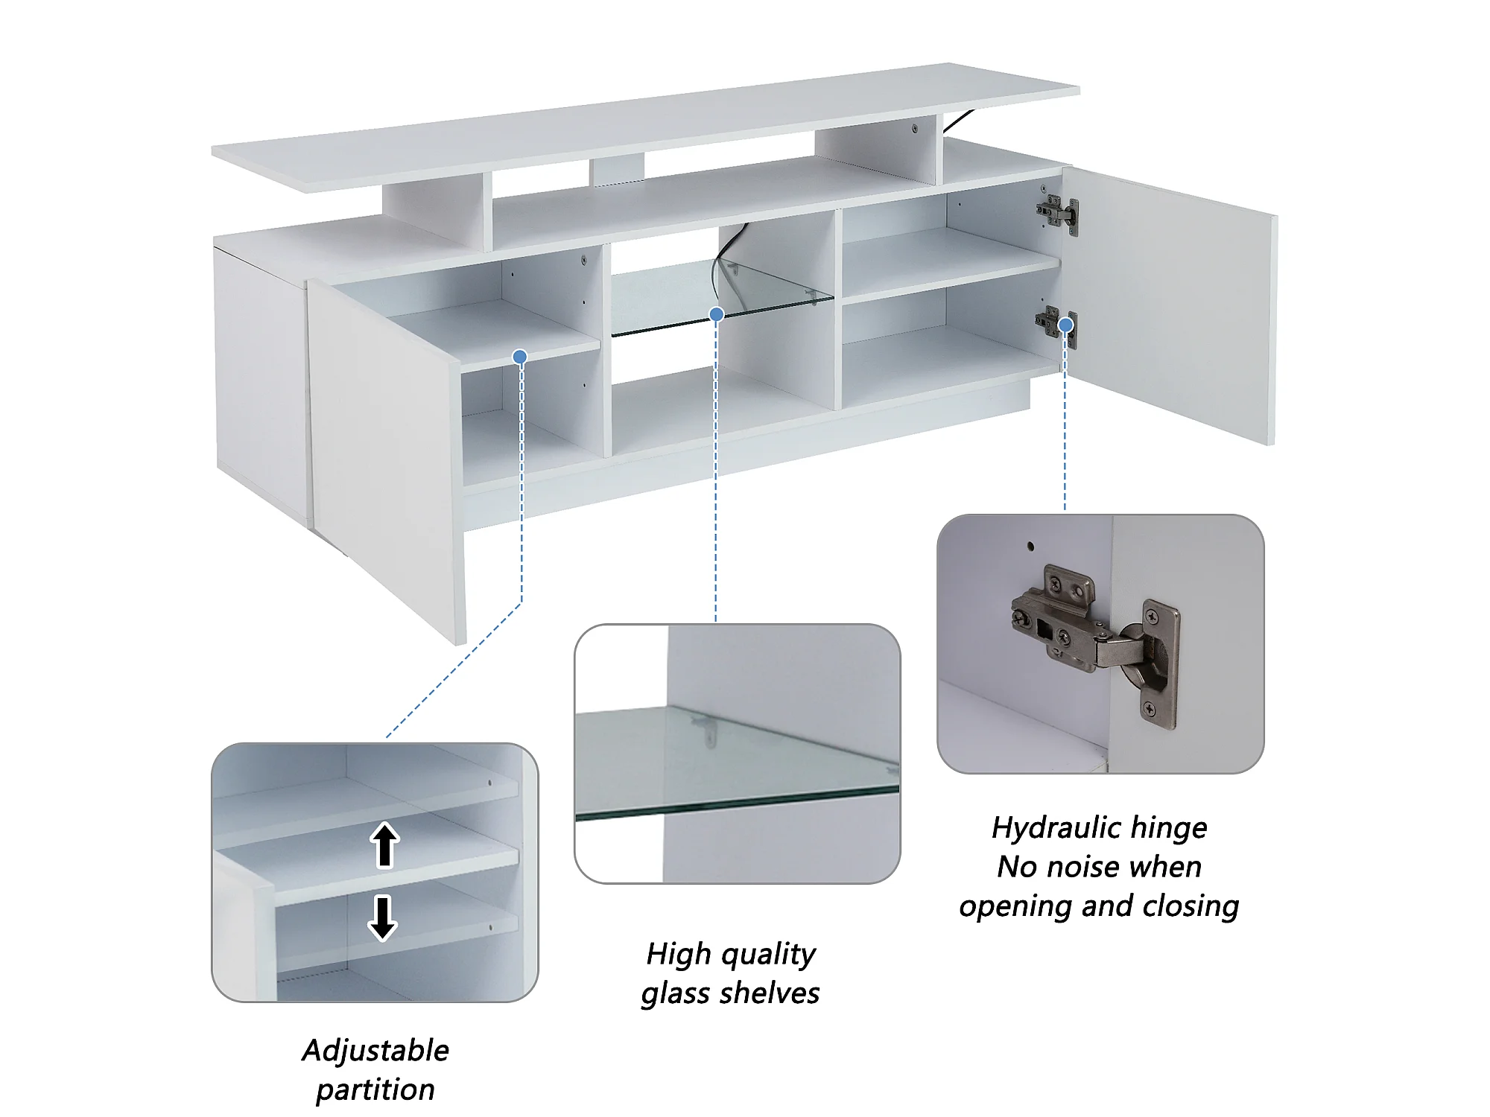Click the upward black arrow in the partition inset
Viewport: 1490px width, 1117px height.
pyautogui.click(x=384, y=845)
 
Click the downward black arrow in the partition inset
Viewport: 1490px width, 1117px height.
pyautogui.click(x=382, y=917)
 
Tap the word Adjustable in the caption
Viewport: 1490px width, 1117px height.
pyautogui.click(x=375, y=1051)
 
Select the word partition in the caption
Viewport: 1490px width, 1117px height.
pyautogui.click(x=375, y=1090)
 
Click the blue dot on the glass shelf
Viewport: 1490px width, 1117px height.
pyautogui.click(x=717, y=314)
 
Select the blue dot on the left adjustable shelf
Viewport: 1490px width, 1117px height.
pyautogui.click(x=521, y=357)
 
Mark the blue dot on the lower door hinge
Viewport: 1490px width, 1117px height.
pyautogui.click(x=1066, y=325)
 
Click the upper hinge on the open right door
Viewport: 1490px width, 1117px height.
pyautogui.click(x=1057, y=214)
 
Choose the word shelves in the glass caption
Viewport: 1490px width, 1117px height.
pyautogui.click(x=770, y=993)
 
